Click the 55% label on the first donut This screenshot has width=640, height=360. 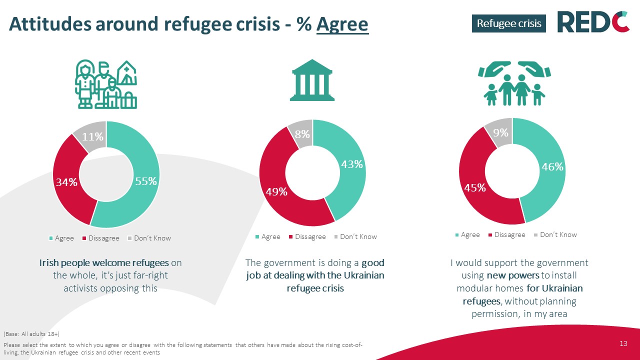click(146, 181)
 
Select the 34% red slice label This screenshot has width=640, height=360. click(66, 182)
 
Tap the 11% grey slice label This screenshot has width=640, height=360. click(93, 136)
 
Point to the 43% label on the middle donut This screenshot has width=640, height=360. click(351, 164)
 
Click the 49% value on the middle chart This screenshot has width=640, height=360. click(276, 191)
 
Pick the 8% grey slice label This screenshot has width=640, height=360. click(301, 134)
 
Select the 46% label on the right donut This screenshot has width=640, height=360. click(552, 167)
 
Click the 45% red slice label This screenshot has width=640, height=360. click(474, 187)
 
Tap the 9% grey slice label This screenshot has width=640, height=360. click(500, 132)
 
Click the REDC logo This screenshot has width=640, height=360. click(593, 22)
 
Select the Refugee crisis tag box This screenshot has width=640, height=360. click(509, 23)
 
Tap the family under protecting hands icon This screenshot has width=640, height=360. click(512, 83)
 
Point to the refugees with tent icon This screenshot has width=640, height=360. click(106, 84)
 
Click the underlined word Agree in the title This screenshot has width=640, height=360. click(342, 24)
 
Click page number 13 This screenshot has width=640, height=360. click(623, 343)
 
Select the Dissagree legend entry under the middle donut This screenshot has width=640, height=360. click(307, 236)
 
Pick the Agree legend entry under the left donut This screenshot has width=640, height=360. click(61, 238)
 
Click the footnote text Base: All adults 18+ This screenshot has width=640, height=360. click(31, 333)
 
